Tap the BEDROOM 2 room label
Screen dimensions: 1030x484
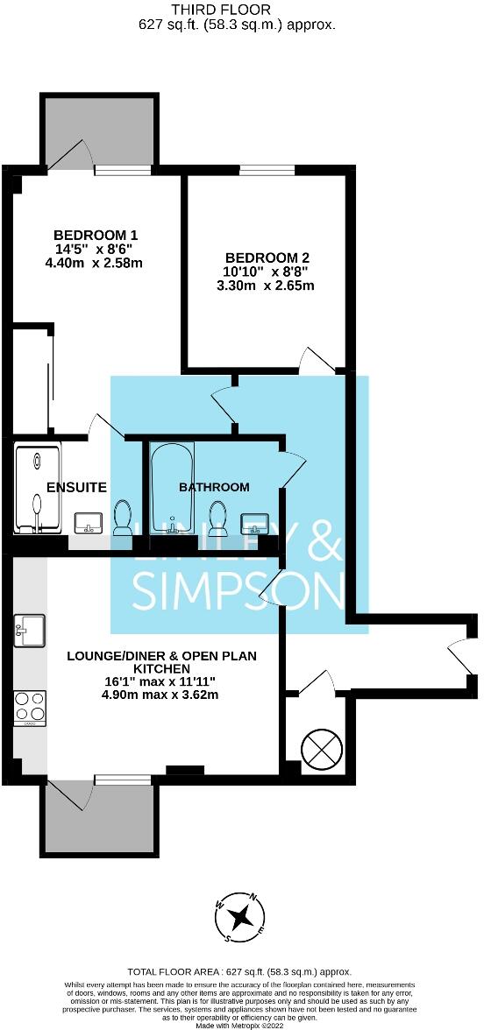(x=267, y=257)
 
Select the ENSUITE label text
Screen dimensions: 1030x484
(x=76, y=487)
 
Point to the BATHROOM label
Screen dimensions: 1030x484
(x=214, y=487)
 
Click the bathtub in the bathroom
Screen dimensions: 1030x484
(x=170, y=488)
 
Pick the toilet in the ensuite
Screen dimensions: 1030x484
(x=124, y=517)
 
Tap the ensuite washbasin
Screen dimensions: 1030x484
(x=89, y=523)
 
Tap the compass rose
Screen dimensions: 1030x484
(x=239, y=917)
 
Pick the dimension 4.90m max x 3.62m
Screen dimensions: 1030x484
(x=159, y=695)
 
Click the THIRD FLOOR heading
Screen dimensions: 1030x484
(x=237, y=10)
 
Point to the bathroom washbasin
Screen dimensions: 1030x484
(x=255, y=523)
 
